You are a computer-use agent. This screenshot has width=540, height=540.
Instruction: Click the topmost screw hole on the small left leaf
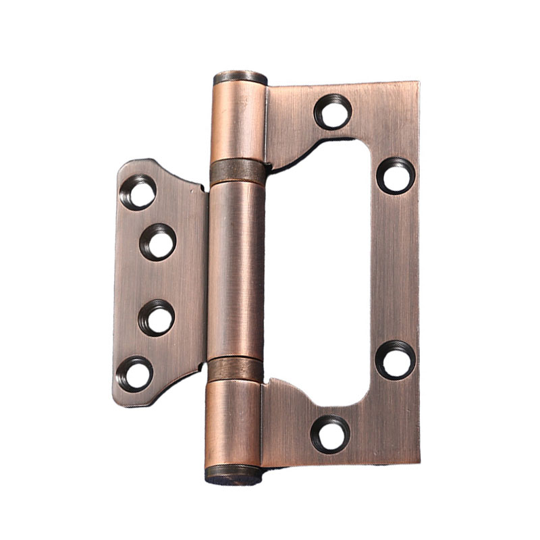(x=139, y=192)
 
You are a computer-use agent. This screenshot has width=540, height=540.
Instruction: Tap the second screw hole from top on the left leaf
(x=159, y=242)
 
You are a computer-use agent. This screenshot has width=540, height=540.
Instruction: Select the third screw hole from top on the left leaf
(x=157, y=318)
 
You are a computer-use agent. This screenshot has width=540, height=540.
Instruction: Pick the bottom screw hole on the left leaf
(x=136, y=373)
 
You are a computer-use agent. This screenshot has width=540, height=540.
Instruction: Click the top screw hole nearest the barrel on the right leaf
(x=333, y=112)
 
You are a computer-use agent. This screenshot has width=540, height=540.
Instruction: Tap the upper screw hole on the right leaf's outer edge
(x=396, y=175)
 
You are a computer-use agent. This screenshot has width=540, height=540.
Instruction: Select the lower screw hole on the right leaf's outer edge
(x=395, y=359)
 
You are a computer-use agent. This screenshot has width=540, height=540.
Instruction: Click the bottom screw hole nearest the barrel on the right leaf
(x=331, y=434)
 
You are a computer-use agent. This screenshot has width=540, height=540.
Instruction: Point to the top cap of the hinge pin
(x=240, y=77)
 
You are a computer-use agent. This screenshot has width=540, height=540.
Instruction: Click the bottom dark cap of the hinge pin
(x=233, y=475)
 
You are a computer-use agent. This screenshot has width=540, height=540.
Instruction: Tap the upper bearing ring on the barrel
(x=238, y=173)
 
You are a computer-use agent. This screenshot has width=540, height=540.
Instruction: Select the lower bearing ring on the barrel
(x=234, y=370)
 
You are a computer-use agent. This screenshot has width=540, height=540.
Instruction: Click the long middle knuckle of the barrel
(x=236, y=270)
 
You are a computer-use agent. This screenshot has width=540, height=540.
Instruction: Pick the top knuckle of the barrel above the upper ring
(x=239, y=122)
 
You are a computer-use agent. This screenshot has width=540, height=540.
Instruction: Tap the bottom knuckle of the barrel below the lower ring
(x=233, y=422)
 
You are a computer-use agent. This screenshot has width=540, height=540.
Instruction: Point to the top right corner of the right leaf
(x=418, y=84)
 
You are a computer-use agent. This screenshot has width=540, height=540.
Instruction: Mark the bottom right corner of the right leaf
(x=418, y=462)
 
